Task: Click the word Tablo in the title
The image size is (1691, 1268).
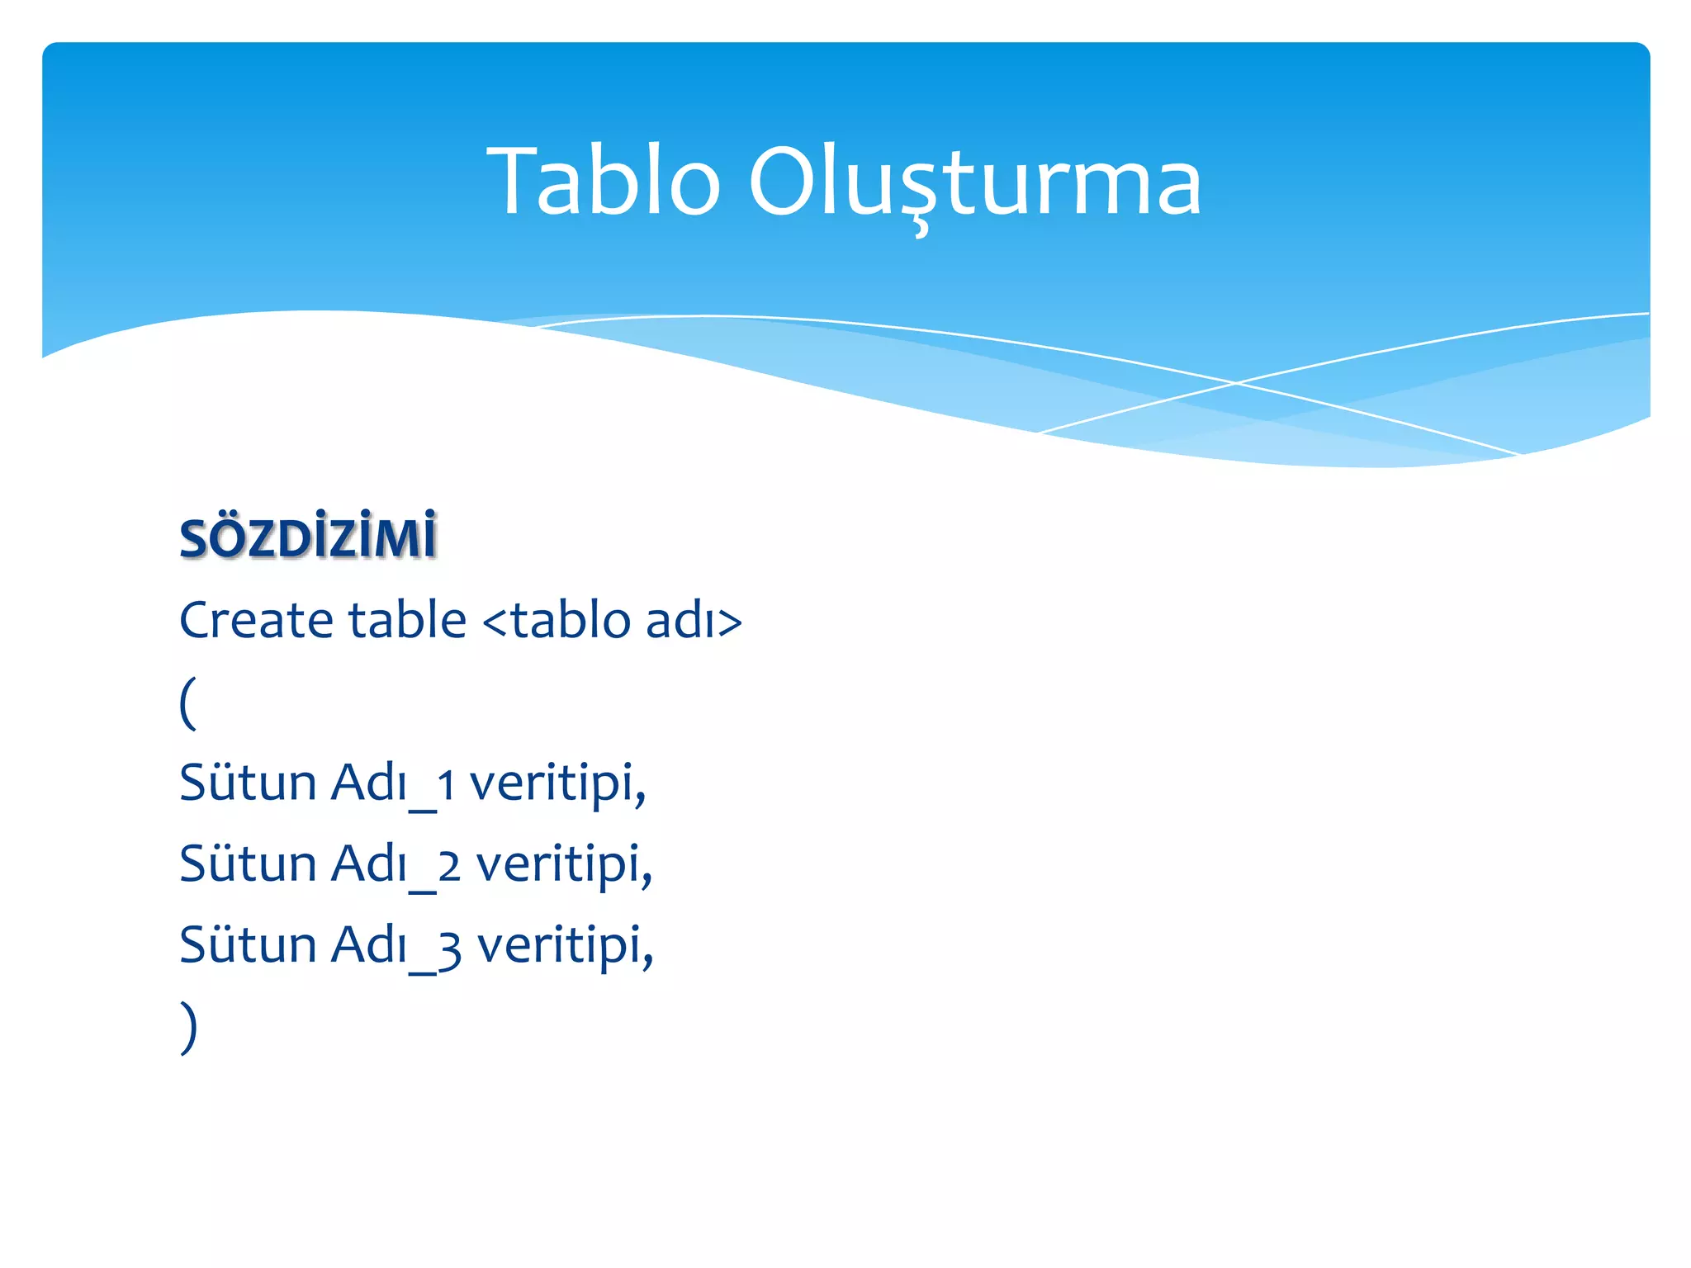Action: coord(604,182)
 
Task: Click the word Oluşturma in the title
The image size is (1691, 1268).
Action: coord(974,182)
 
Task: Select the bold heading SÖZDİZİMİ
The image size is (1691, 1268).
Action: coord(308,538)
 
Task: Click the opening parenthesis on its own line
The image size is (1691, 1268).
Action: coord(188,703)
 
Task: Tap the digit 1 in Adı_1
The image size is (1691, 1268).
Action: coord(446,785)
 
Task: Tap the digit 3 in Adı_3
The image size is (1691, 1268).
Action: coord(449,949)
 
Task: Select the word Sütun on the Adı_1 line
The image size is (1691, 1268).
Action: coord(248,782)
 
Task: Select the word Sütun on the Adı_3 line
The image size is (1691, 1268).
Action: coord(248,944)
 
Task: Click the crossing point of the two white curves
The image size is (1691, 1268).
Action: coord(1236,383)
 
